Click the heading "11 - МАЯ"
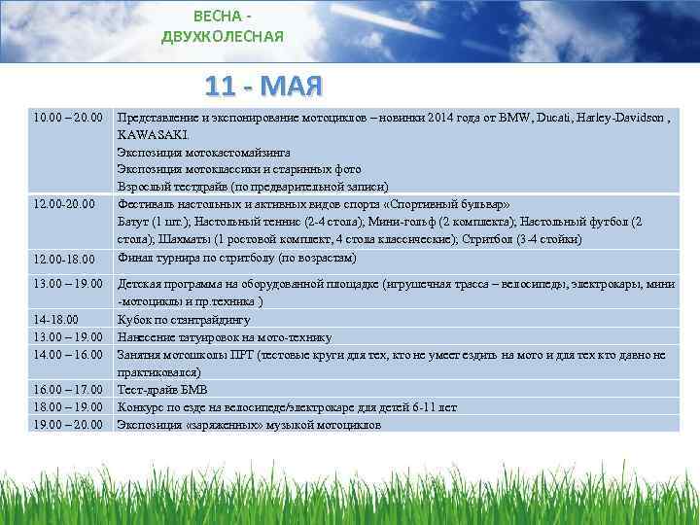click(x=262, y=87)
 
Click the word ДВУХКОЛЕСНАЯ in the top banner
click(x=223, y=36)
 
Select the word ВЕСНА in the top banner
click(x=216, y=17)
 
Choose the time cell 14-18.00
click(x=56, y=319)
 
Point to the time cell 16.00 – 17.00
click(x=66, y=390)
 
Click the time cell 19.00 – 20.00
click(x=66, y=425)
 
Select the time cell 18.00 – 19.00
click(x=66, y=407)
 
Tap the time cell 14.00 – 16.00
click(x=66, y=355)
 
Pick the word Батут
click(x=134, y=223)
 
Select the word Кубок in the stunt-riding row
click(x=135, y=319)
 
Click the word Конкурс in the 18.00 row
click(x=141, y=407)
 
